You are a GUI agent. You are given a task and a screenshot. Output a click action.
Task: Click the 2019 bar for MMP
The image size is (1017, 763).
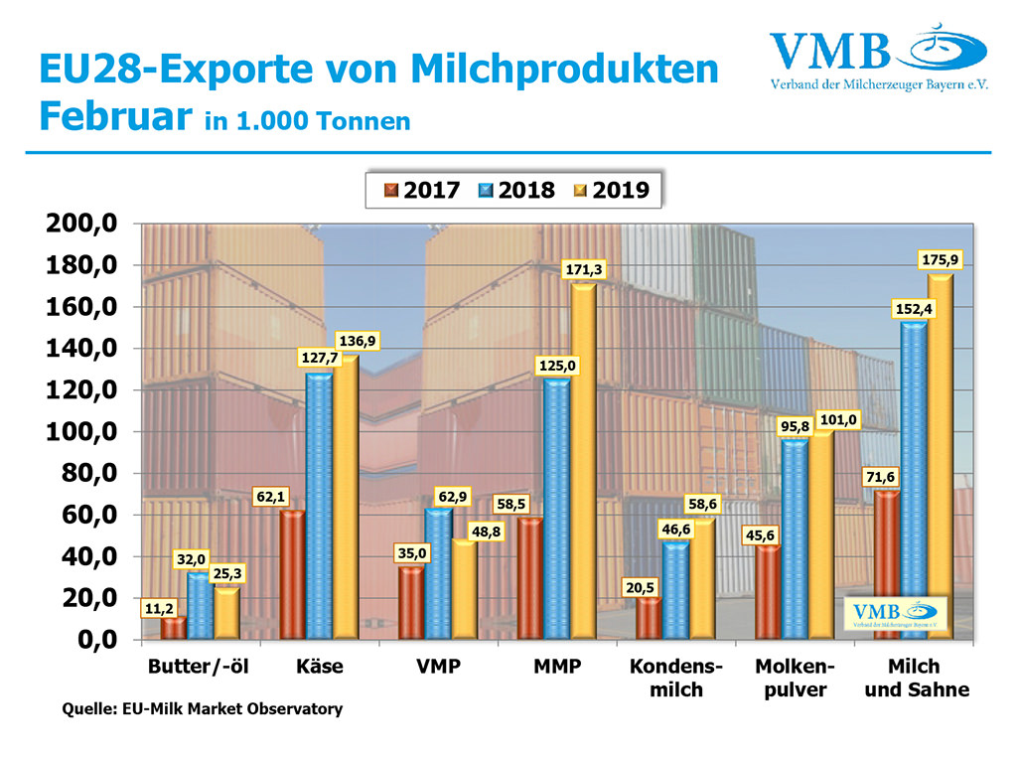click(x=583, y=461)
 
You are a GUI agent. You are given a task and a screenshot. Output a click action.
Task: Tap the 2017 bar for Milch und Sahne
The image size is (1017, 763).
click(x=886, y=563)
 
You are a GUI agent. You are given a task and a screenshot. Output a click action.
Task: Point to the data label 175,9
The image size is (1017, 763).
click(x=940, y=260)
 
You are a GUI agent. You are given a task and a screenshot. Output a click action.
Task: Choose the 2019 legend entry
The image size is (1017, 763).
click(x=611, y=191)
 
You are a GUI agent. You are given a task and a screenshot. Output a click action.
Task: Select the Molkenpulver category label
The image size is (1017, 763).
click(x=795, y=678)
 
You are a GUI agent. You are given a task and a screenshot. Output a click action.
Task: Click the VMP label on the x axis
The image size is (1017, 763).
click(x=438, y=667)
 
